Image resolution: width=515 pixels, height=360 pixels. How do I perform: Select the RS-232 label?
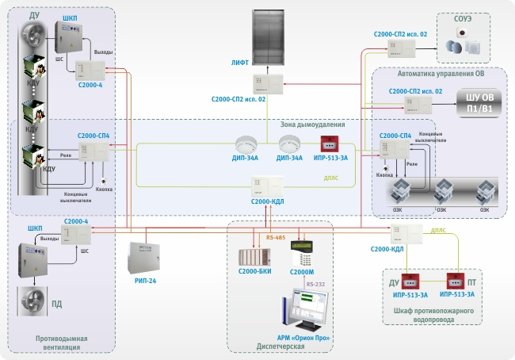[x=315, y=283]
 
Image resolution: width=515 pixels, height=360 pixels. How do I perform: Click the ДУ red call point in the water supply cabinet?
[x=411, y=281]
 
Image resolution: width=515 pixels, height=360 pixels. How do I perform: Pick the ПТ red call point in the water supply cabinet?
[x=455, y=281]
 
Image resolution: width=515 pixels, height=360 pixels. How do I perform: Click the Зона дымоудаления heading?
[x=313, y=124]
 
